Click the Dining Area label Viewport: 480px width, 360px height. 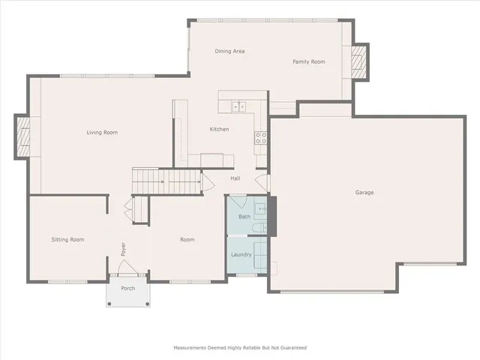point(230,51)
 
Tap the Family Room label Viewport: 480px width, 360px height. point(308,61)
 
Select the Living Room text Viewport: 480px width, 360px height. point(102,133)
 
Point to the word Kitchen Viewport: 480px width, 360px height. point(219,129)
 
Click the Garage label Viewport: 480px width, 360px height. point(364,193)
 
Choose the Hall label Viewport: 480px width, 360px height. point(235,178)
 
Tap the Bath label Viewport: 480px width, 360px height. point(244,217)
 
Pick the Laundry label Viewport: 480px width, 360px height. point(241,255)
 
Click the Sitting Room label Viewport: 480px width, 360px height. point(67,240)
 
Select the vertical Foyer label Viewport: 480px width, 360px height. point(124,248)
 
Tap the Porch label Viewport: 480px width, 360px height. point(127,287)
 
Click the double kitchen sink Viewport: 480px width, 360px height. point(239,107)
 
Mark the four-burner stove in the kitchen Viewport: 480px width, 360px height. point(262,138)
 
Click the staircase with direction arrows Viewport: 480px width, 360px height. point(167,181)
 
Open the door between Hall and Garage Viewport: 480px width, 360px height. point(262,183)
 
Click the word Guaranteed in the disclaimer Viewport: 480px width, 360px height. point(292,348)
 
